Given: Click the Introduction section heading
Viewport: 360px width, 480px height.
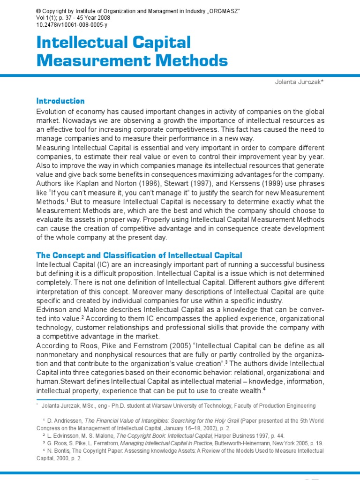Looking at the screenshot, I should coord(60,101).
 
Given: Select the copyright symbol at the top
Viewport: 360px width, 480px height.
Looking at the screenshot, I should coord(38,11).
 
